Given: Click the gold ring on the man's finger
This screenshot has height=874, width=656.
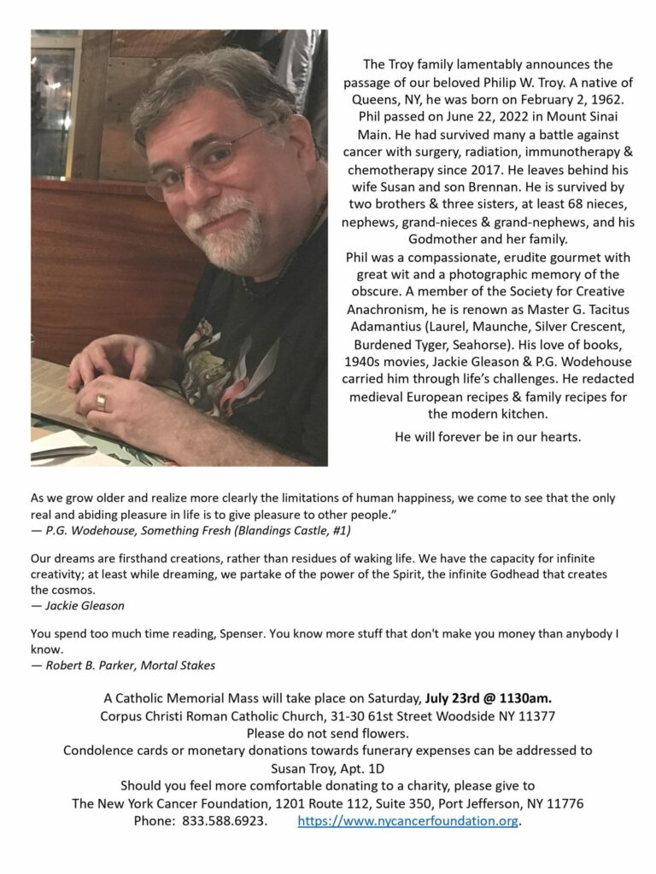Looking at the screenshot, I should (101, 401).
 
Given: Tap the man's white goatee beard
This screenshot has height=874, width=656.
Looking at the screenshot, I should (225, 230).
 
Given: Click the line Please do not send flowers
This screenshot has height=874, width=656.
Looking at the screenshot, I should (327, 732).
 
